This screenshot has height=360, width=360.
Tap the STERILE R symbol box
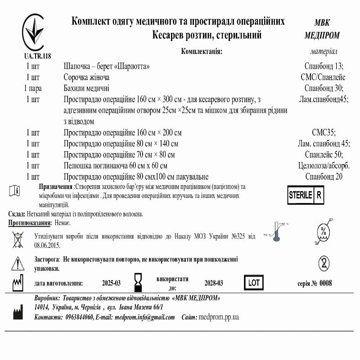point(306,195)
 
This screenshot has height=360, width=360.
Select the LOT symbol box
point(253,283)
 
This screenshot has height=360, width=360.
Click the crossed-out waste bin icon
point(18,239)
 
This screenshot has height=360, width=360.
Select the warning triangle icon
point(18,263)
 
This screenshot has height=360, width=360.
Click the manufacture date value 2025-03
point(111,283)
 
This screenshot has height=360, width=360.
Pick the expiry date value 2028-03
point(213,283)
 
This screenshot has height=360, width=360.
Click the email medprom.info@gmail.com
point(144,317)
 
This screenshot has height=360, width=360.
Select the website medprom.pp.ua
point(218,317)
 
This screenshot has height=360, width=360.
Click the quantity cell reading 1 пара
point(33,88)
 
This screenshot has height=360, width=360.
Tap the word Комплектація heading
point(202,51)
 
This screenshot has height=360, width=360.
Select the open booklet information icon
point(14,191)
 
